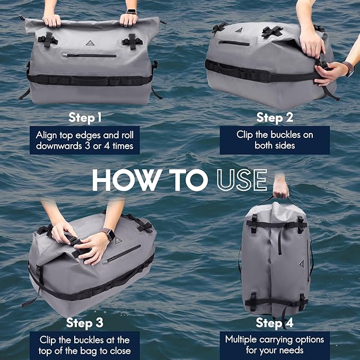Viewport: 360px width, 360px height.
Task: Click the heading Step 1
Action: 85,117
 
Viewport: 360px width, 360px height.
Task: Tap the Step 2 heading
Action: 274,117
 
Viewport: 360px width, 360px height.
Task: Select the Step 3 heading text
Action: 85,322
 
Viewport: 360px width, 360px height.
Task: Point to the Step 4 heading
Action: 274,322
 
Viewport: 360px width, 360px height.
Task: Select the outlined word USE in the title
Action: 242,181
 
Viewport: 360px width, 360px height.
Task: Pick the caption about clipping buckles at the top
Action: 85,345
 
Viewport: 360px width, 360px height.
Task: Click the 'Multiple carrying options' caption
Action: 275,345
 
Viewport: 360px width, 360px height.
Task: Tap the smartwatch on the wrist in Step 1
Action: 131,12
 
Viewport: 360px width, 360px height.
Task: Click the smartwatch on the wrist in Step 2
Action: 348,68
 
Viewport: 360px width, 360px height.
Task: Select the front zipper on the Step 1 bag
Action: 90,55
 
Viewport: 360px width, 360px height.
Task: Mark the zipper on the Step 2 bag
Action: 234,43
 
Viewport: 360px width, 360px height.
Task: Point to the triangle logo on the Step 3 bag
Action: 118,240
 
